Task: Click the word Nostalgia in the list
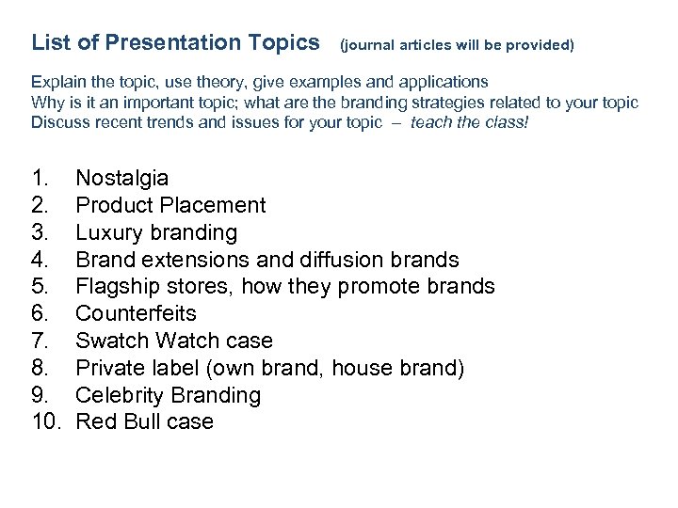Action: pyautogui.click(x=122, y=178)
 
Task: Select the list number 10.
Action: pyautogui.click(x=44, y=421)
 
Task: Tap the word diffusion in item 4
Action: pyautogui.click(x=340, y=259)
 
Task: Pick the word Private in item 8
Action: pyautogui.click(x=109, y=367)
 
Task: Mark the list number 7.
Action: pyautogui.click(x=40, y=341)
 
